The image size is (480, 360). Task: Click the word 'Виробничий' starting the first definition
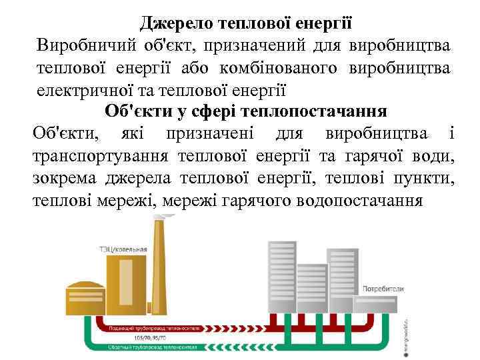point(81,46)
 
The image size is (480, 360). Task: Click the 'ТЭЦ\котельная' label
point(123,250)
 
